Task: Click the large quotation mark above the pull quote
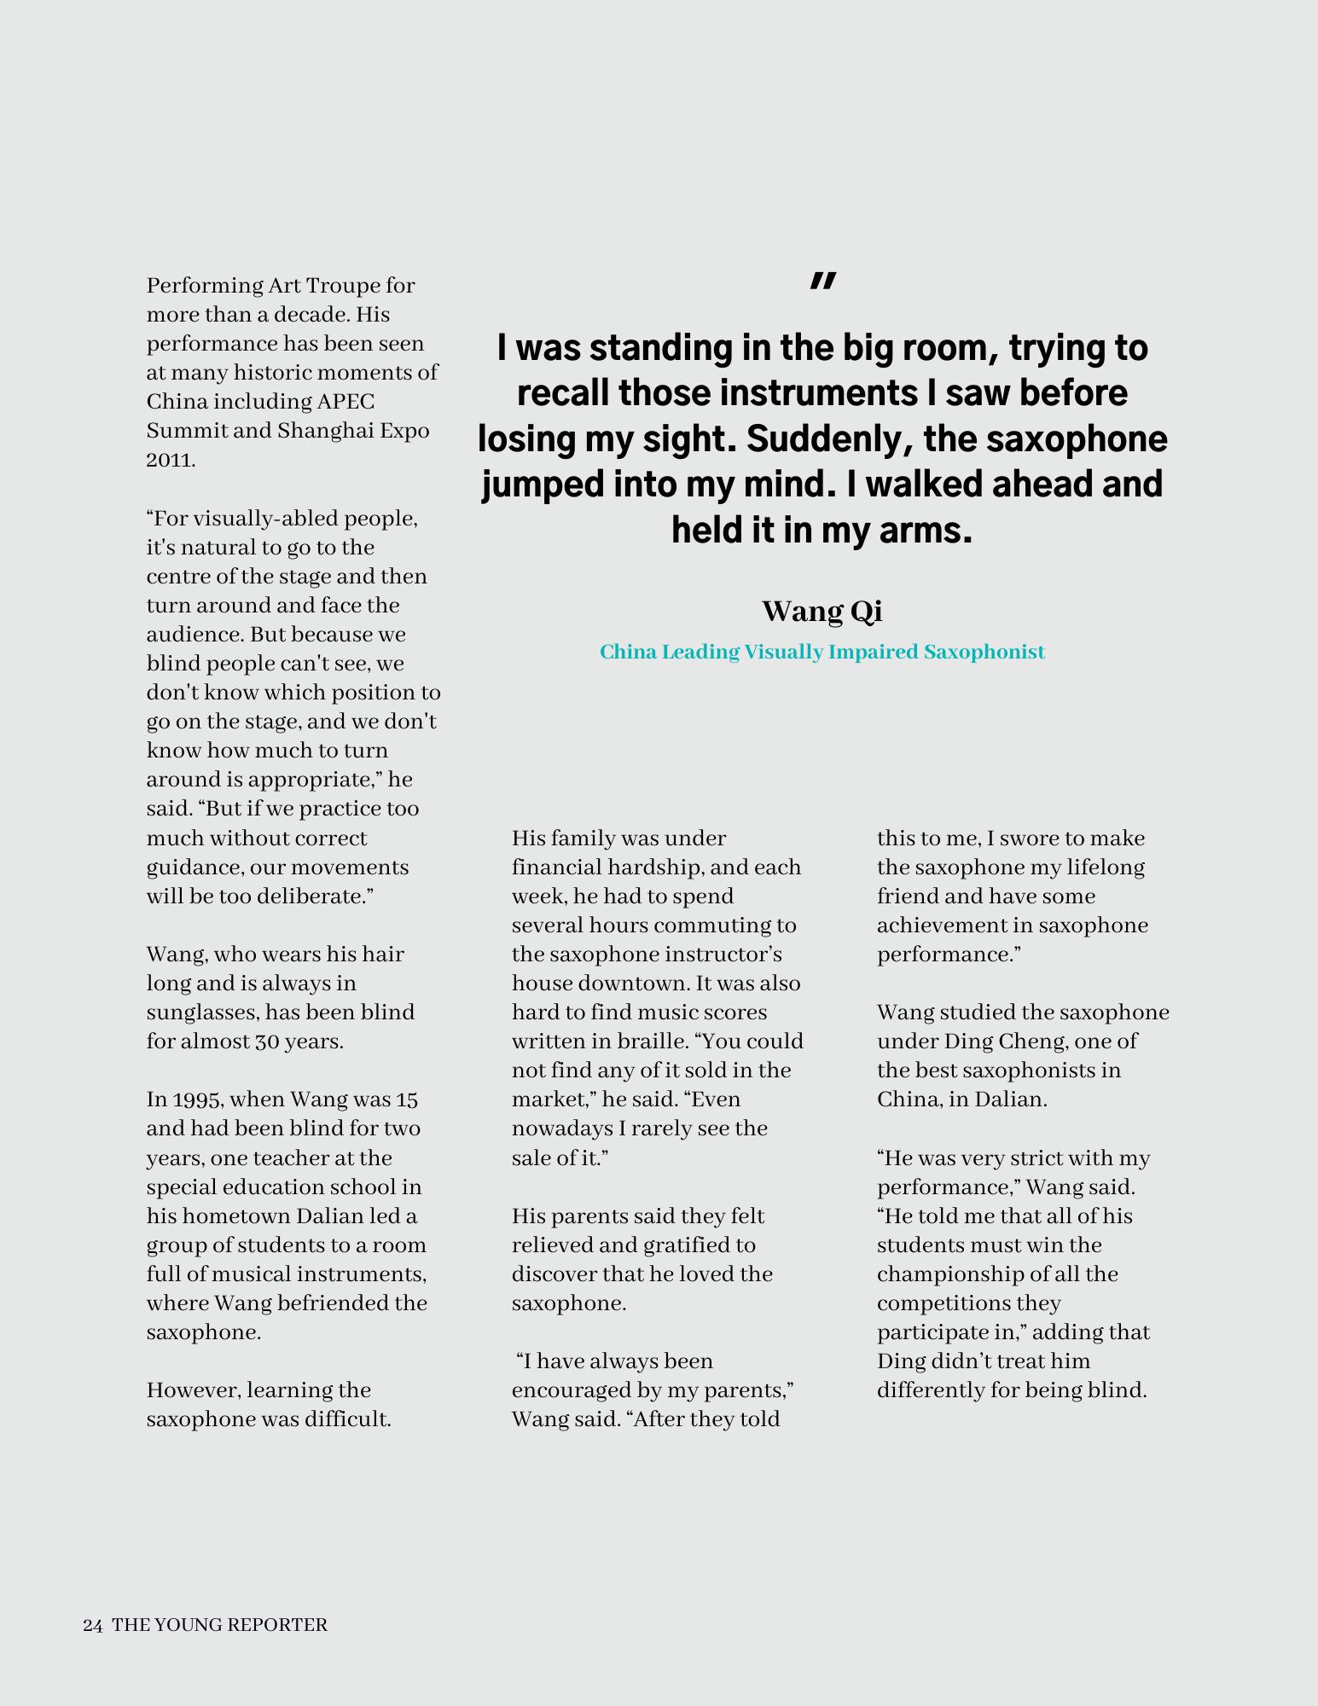pyautogui.click(x=822, y=281)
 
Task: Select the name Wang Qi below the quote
pyautogui.click(x=822, y=611)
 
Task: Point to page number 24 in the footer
pyautogui.click(x=93, y=1625)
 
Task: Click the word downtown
pyautogui.click(x=632, y=984)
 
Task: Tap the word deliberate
pyautogui.click(x=319, y=897)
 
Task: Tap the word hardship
pyautogui.click(x=653, y=868)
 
